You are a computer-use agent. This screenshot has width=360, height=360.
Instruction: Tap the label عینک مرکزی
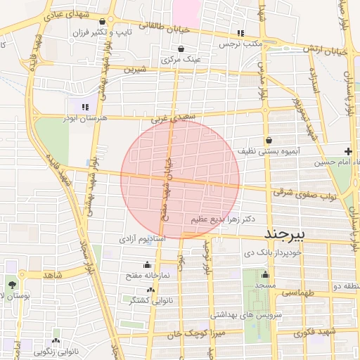[x=181, y=60]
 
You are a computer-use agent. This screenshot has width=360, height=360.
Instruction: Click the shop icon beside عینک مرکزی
[x=181, y=49]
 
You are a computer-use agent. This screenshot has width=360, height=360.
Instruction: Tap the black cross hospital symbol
[x=348, y=151]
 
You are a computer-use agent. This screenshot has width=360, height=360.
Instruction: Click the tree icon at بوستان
[x=13, y=284]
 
